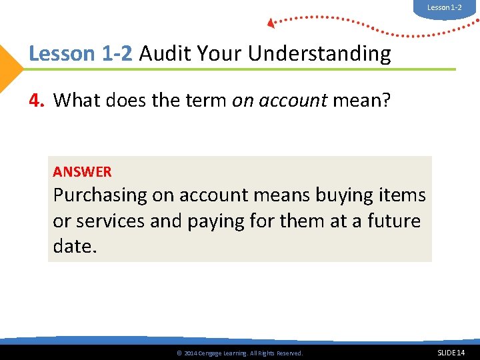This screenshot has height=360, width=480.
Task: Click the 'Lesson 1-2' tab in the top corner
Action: (x=444, y=7)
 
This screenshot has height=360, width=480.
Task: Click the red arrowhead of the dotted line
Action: (x=271, y=23)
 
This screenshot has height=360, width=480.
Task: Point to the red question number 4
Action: (x=37, y=101)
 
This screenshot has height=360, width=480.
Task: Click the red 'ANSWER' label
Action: (x=82, y=172)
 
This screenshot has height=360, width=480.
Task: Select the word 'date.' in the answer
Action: (x=75, y=246)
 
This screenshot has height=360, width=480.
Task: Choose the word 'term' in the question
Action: (x=205, y=101)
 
